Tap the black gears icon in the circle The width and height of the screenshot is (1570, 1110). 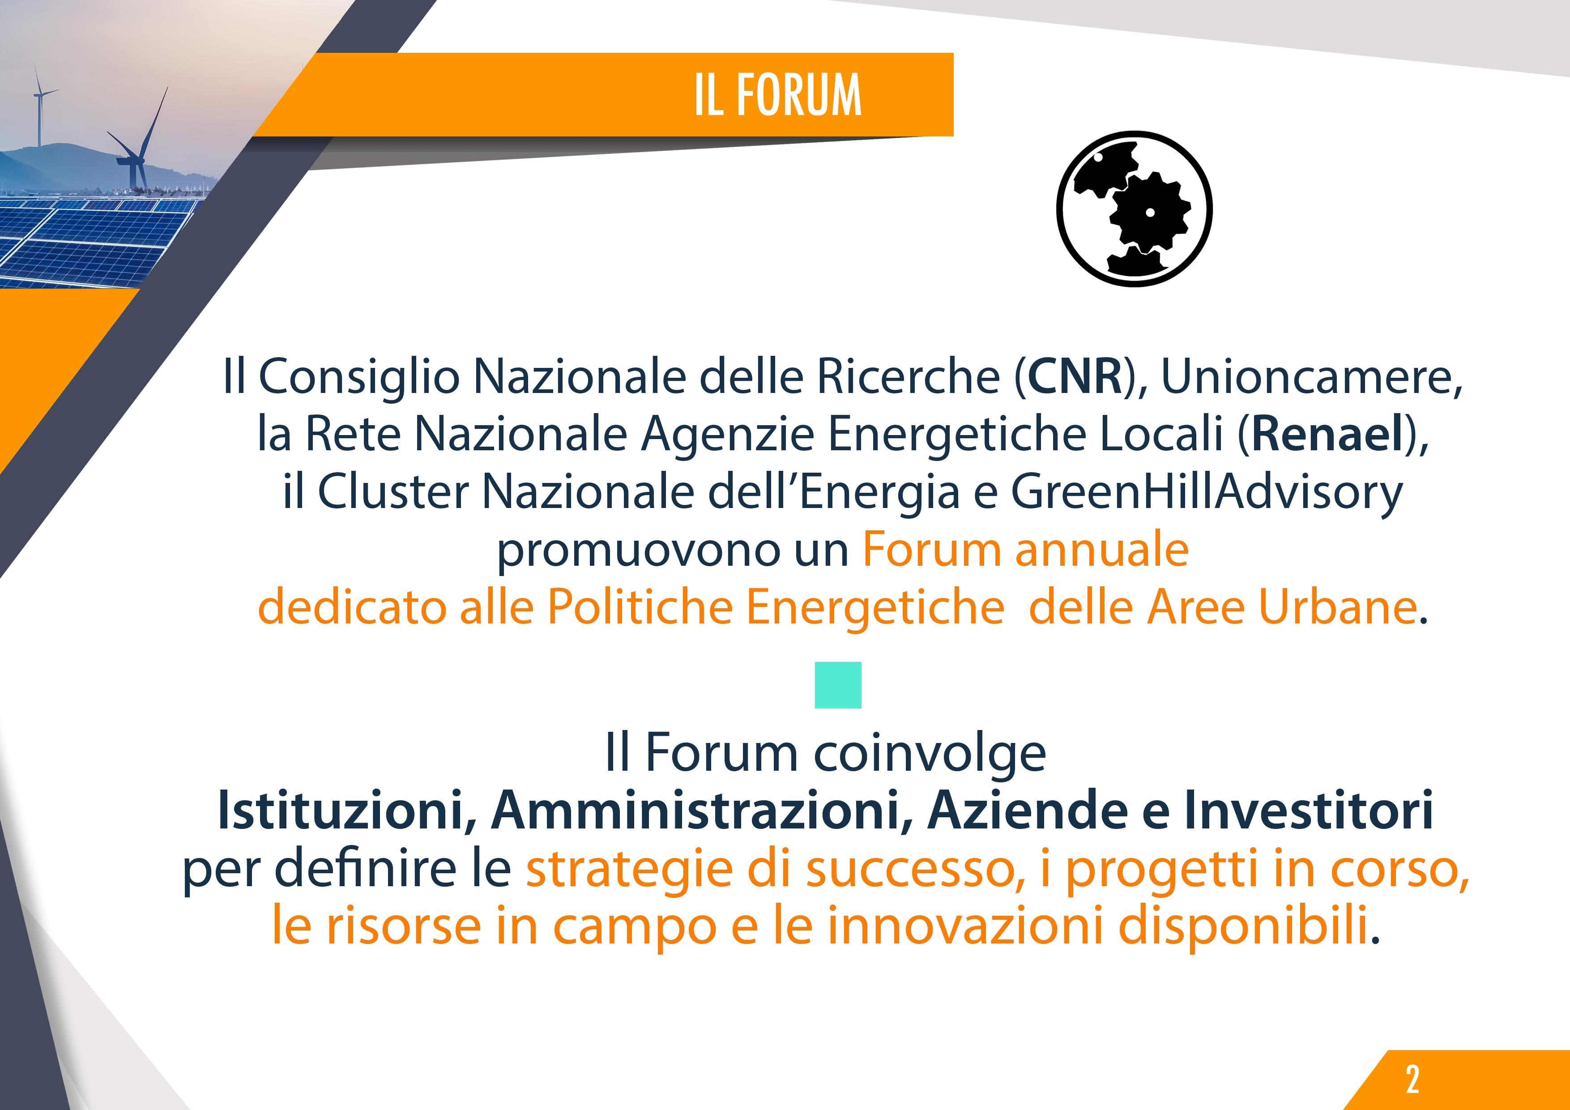point(1135,208)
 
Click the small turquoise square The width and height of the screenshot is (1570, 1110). point(838,685)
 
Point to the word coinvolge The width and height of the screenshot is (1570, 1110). point(930,753)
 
